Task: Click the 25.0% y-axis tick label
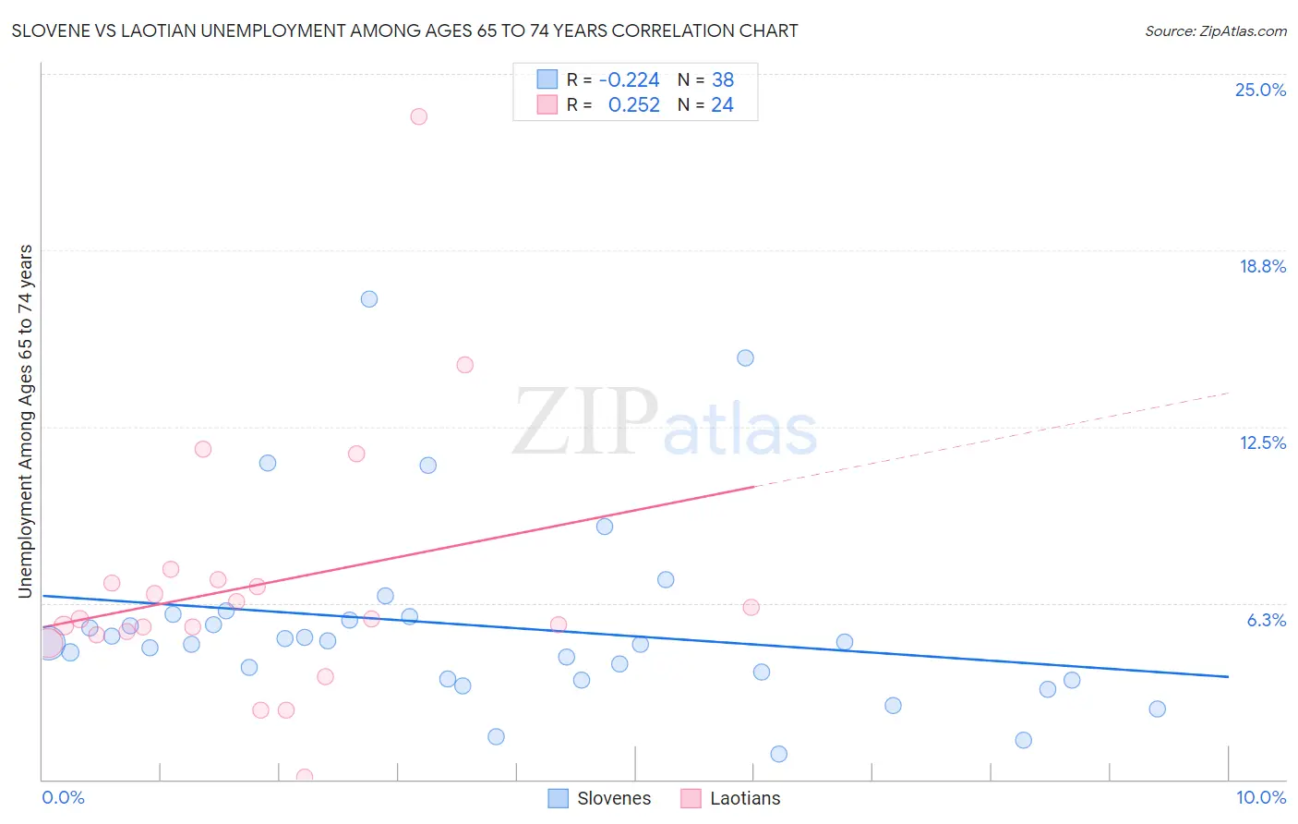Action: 1260,90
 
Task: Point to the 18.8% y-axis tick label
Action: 1262,266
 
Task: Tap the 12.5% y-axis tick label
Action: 1262,442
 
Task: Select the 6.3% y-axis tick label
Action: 1266,620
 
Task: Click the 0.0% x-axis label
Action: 63,797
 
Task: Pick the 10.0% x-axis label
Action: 1260,797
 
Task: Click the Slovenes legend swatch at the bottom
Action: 558,798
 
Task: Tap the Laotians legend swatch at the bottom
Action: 691,798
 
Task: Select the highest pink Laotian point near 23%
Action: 418,116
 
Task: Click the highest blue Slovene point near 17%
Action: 369,299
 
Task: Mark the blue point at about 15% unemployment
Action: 745,358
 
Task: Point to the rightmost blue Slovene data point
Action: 1157,709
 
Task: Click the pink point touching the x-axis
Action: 304,777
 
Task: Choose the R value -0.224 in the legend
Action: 630,80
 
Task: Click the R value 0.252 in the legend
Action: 634,105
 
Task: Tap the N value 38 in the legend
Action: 722,80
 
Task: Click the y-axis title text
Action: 25,421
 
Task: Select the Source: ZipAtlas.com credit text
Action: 1215,31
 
